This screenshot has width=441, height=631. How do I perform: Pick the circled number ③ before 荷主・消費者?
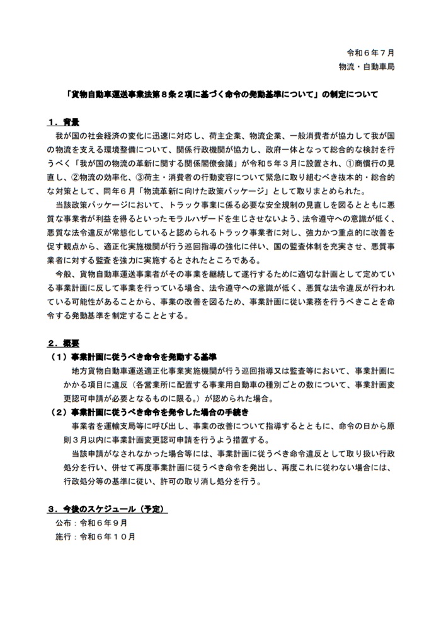tap(149, 177)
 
